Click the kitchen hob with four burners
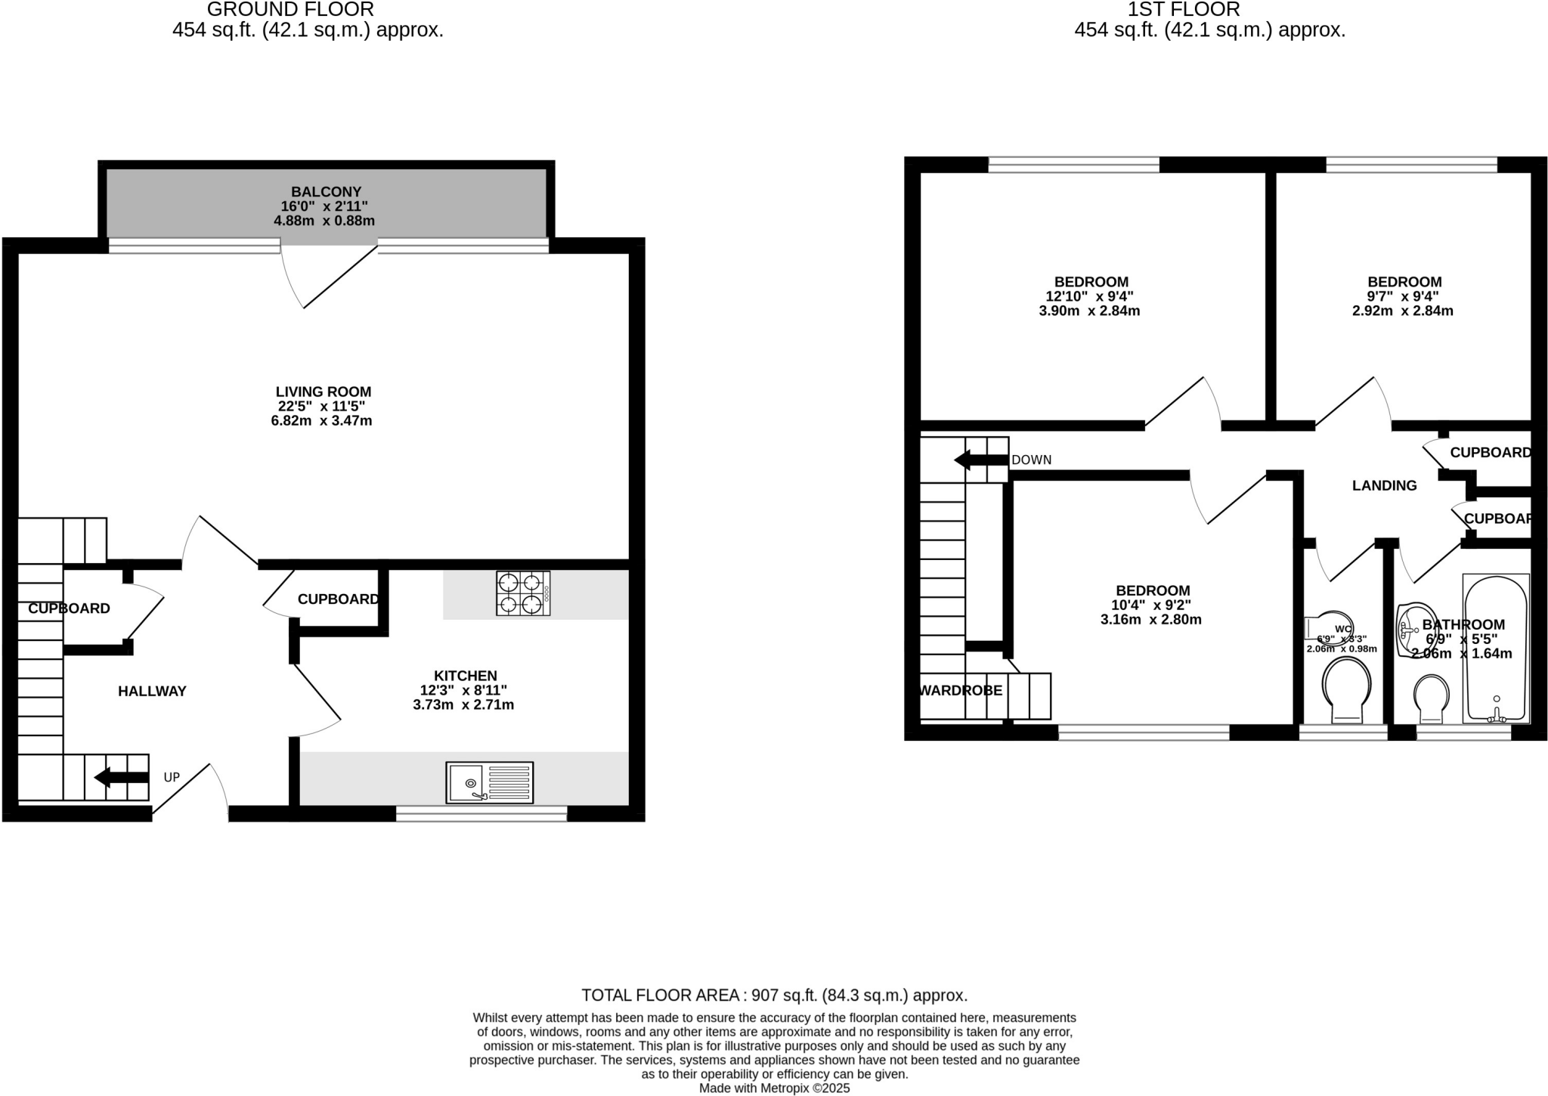click(x=523, y=593)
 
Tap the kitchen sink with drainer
click(x=489, y=782)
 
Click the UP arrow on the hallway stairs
click(x=121, y=777)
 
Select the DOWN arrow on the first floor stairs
click(x=981, y=460)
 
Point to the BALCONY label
click(x=326, y=192)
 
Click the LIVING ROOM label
click(x=323, y=392)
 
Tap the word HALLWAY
click(x=152, y=691)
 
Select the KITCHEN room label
click(x=465, y=676)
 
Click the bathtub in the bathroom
click(x=1496, y=649)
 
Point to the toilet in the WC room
click(x=1346, y=689)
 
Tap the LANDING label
click(x=1384, y=486)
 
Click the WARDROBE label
click(x=961, y=690)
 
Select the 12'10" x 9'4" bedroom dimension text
click(x=1089, y=296)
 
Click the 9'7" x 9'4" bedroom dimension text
click(x=1402, y=296)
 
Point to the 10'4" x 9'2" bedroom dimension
click(x=1150, y=605)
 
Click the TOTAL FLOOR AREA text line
click(x=774, y=995)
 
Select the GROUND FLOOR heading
click(x=290, y=10)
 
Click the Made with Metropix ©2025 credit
click(x=774, y=1088)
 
